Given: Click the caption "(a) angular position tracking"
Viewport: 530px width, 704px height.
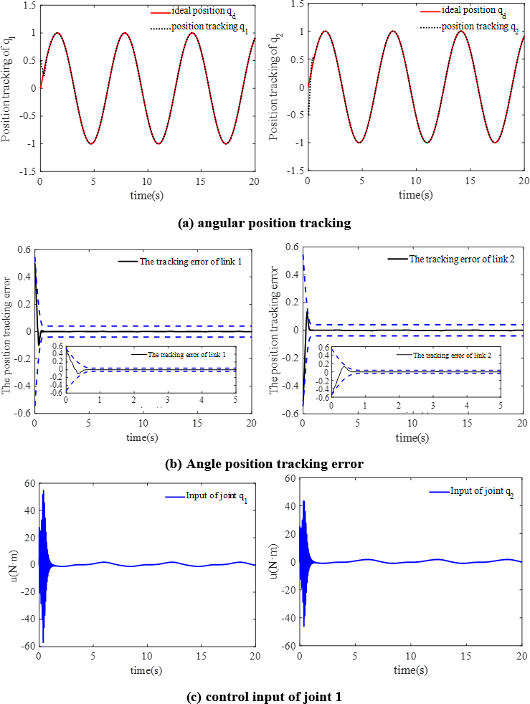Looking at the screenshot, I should click(264, 223).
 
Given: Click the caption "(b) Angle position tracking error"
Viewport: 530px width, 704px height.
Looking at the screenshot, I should click(264, 464).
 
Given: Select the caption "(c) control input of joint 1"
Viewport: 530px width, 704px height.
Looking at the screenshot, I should click(264, 695).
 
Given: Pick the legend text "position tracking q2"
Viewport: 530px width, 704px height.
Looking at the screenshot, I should click(479, 26).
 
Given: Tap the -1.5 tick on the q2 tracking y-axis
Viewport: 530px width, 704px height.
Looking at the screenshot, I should click(295, 171).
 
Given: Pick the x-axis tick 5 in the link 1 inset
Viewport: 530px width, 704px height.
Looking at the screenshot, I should click(235, 399).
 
